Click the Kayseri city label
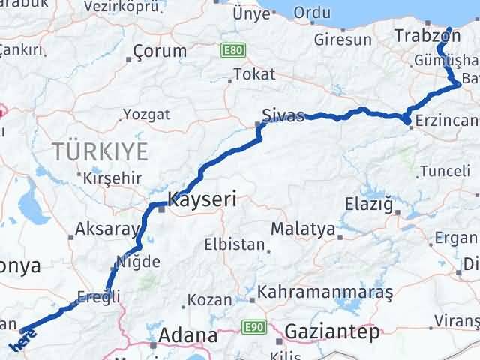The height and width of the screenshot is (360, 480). click(202, 199)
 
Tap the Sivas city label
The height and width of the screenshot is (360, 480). click(283, 115)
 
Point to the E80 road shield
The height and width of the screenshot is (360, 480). click(232, 49)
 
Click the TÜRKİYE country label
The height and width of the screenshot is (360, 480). click(100, 151)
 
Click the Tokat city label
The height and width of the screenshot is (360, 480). click(254, 74)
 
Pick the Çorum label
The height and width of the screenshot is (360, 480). click(160, 52)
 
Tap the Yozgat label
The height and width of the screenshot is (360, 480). click(146, 115)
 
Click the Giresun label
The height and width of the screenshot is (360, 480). click(343, 40)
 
